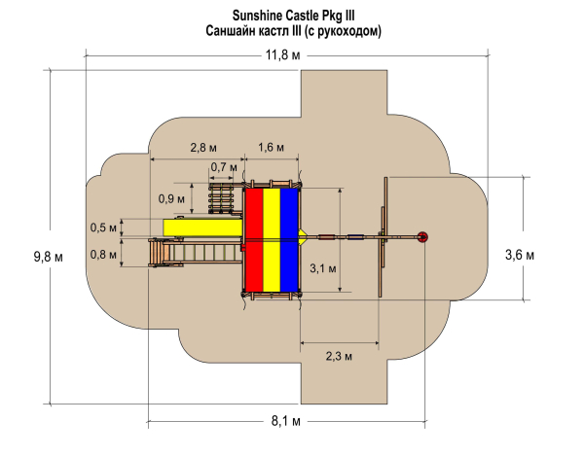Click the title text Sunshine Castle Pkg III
tap(292, 16)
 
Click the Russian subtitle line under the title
tap(293, 31)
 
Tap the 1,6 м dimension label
tap(272, 148)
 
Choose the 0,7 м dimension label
tap(224, 167)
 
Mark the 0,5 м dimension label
tap(99, 228)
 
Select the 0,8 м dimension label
tap(99, 254)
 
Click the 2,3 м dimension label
tap(338, 357)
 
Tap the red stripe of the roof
tap(253, 238)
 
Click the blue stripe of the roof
tap(290, 238)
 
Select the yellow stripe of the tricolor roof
tap(272, 238)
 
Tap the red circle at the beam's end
tap(422, 236)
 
